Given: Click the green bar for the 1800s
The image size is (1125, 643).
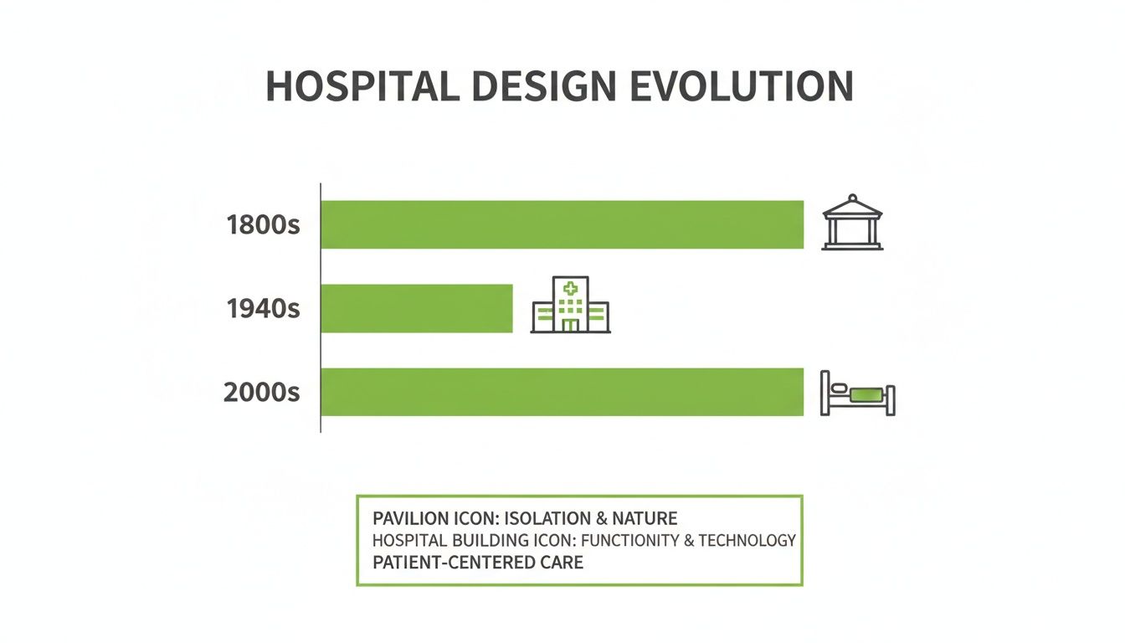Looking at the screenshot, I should (562, 224).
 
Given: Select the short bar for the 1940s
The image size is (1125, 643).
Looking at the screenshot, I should (416, 308).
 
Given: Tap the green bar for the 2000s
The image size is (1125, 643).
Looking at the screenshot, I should (562, 392).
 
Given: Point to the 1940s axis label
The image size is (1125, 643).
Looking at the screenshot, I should (262, 309).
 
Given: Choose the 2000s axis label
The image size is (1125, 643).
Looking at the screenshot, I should (261, 392).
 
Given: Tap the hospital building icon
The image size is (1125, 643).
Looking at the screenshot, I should (570, 305).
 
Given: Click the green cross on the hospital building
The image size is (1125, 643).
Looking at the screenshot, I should (571, 289).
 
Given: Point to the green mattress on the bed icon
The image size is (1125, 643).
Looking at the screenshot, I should (865, 392).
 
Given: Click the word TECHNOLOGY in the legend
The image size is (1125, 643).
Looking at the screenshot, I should (747, 540).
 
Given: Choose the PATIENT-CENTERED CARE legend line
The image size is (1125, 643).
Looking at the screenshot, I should (478, 562).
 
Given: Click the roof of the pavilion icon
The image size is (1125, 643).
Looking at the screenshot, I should (852, 205).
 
